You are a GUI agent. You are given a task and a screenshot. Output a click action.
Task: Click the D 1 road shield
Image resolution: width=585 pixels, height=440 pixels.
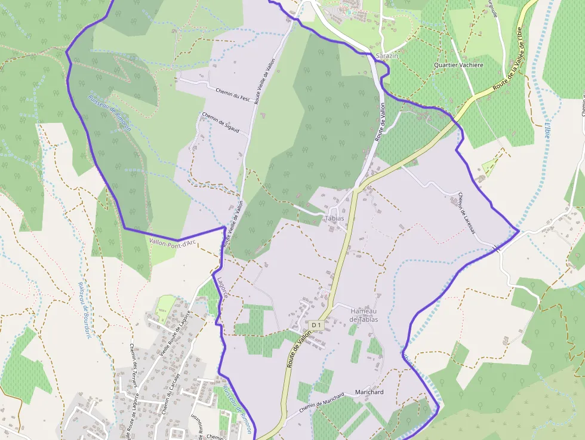[316, 325]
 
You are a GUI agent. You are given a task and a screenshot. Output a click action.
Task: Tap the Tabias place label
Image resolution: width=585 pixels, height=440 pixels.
[334, 219]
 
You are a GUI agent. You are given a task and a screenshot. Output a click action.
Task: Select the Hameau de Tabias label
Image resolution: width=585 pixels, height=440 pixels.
[364, 315]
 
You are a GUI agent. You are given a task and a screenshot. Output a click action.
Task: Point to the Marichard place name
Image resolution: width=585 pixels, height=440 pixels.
[369, 392]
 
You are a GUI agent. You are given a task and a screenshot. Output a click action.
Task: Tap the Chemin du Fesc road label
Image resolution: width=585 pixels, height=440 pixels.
[232, 94]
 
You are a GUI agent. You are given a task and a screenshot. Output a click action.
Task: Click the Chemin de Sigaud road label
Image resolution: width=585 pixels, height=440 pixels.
[220, 122]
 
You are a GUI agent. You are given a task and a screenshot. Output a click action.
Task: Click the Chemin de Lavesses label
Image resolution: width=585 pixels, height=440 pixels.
[466, 213]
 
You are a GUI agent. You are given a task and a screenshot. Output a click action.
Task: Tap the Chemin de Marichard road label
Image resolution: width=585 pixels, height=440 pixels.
[322, 403]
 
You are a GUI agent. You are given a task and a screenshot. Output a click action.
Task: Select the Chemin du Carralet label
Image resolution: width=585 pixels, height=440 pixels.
[170, 394]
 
